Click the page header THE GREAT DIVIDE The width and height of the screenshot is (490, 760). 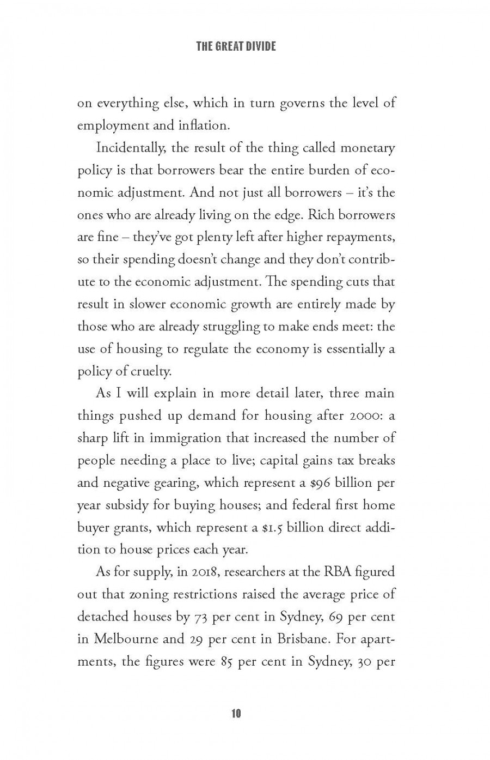tap(236, 46)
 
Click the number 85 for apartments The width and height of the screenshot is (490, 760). tap(227, 662)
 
